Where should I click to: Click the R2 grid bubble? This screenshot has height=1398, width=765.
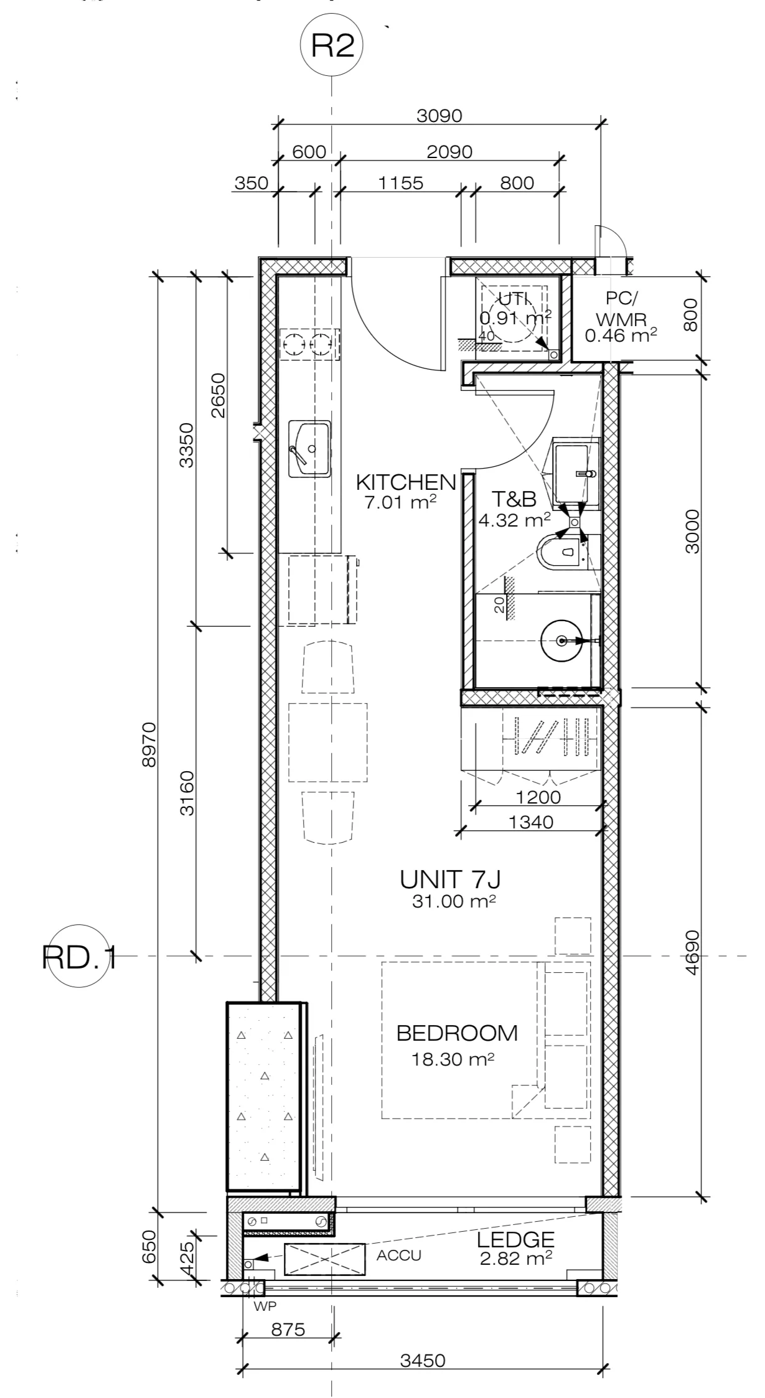tap(331, 47)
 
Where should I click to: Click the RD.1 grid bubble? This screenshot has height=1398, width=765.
tap(81, 955)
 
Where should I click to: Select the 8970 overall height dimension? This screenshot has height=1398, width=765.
tap(150, 744)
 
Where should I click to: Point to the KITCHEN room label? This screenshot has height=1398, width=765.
tap(406, 482)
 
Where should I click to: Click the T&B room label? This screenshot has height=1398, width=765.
tap(514, 499)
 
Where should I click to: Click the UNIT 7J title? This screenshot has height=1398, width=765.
tap(451, 880)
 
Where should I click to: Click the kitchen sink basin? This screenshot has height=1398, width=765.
tap(309, 449)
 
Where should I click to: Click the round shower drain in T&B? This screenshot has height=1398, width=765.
tap(562, 640)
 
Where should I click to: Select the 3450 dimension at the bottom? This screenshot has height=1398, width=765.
tap(423, 1377)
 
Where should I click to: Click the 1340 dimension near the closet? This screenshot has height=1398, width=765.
tap(531, 822)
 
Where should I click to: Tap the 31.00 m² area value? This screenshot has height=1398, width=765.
tap(454, 901)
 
